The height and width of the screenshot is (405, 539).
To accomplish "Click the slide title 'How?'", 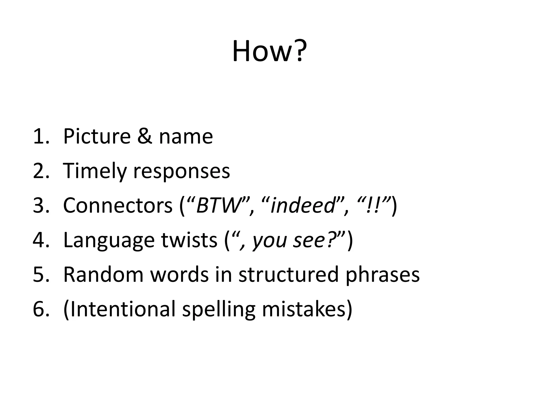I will tap(269, 51).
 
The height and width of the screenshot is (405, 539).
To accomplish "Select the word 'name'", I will tap(186, 137).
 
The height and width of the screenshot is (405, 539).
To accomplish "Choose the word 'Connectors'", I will tap(118, 205).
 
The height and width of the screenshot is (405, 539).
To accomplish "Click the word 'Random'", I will tap(103, 275).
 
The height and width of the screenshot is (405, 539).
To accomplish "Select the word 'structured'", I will tap(288, 275).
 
